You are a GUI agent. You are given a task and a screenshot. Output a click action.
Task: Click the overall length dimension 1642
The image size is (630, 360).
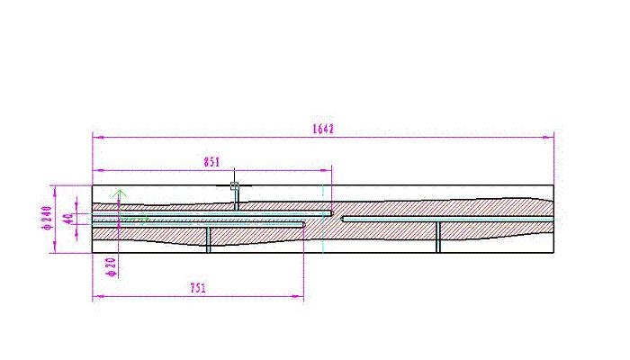point(323,129)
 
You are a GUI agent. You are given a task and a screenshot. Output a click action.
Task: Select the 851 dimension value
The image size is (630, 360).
point(211,162)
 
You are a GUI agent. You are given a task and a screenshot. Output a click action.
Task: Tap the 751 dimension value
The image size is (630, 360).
point(198,288)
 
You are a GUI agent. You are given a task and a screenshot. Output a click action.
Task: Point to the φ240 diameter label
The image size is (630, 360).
point(48,218)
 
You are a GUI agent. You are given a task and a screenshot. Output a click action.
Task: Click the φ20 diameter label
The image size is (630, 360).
point(112,267)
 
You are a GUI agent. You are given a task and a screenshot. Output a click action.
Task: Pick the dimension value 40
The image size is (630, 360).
point(68,219)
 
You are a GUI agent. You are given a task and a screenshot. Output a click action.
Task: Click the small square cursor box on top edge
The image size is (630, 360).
point(234,185)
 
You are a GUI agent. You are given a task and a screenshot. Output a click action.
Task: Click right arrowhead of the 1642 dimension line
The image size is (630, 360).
point(548,138)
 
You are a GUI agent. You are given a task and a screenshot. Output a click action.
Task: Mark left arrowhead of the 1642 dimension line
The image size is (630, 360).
point(98,138)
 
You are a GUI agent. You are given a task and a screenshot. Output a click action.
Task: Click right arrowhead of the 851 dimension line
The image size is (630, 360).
point(326,170)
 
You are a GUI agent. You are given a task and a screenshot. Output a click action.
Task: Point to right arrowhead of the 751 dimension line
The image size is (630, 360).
point(298,296)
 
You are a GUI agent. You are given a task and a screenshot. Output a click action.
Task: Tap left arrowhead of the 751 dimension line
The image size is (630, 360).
point(98,296)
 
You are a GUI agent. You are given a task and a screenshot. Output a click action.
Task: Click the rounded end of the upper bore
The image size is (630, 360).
point(332,213)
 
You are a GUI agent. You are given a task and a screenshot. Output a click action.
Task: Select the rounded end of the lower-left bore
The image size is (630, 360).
point(304,225)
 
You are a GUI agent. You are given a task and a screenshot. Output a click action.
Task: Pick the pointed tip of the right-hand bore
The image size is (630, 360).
point(342,220)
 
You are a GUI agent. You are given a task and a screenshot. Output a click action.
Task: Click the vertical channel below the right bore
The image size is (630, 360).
point(438,237)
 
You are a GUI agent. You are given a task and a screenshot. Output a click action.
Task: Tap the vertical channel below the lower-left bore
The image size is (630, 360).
point(208,240)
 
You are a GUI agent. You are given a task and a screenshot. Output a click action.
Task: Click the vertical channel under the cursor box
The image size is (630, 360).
point(236,200)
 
